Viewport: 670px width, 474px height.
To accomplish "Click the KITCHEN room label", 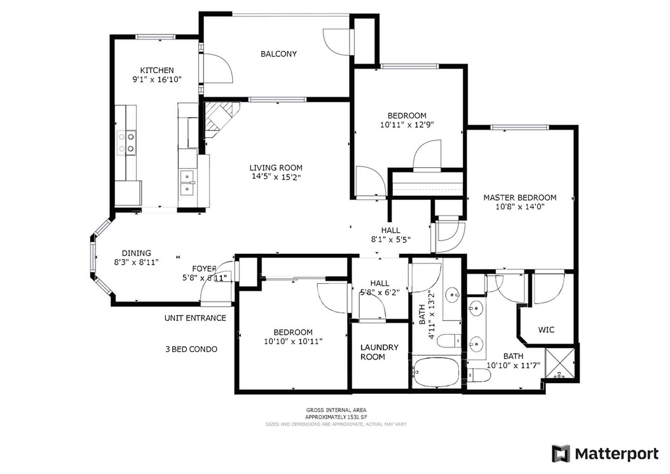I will pos(157,70).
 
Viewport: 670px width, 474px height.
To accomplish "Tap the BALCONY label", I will pos(278,54).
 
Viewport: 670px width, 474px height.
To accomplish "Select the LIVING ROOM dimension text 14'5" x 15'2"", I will pos(275,178).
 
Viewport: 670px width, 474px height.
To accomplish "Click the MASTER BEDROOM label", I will pos(519,198).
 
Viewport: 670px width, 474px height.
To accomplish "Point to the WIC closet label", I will pos(546,330).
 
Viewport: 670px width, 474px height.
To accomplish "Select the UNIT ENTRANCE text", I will pos(195,318).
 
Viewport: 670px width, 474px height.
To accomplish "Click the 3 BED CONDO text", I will pos(191,349).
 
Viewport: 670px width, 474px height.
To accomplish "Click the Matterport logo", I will pos(605,454).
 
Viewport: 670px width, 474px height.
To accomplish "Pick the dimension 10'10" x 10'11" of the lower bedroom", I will pos(294,342).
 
